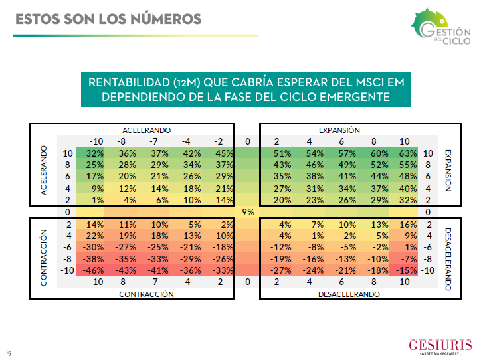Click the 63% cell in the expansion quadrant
(x=408, y=153)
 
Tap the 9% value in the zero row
(x=247, y=212)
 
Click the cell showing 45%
(x=224, y=153)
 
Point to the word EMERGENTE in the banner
(x=355, y=97)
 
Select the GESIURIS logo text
(x=441, y=345)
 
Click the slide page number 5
(x=9, y=353)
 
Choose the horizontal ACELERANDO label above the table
(x=146, y=130)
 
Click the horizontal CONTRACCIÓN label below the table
(x=146, y=294)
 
